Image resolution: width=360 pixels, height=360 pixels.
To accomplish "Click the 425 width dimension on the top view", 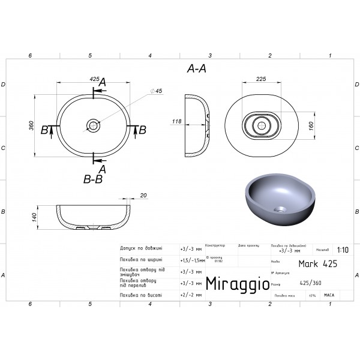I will coord(94,79).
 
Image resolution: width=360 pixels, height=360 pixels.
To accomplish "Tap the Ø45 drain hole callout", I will coord(158,91).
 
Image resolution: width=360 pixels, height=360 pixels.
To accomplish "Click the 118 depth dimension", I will coord(176,122).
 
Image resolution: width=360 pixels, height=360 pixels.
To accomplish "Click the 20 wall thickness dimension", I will coord(143,195).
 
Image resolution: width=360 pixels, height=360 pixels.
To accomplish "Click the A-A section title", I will coord(197,69).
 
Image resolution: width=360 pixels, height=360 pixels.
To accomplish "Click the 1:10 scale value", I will coord(343,251).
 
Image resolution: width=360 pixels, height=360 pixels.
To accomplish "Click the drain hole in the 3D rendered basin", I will coord(280,210).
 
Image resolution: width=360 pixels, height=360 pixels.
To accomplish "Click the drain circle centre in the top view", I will coord(93,125).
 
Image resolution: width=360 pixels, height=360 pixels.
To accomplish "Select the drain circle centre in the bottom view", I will coord(261,126).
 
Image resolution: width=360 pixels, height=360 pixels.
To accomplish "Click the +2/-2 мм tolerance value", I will coord(191,295).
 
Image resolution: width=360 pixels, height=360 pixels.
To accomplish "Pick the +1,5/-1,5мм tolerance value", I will coord(192,260).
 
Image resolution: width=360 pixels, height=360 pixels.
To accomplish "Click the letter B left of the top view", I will coord(44,129).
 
